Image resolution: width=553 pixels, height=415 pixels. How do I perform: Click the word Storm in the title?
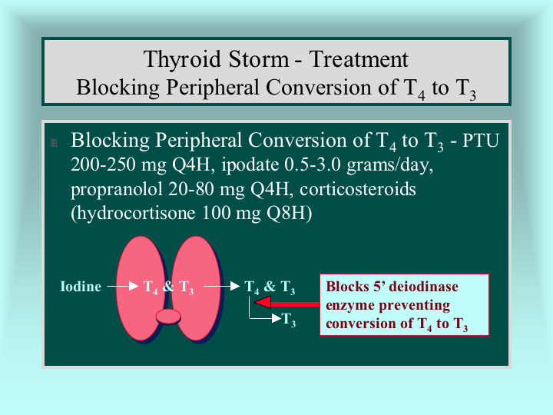[259, 59]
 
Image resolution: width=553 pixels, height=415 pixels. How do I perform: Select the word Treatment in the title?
[359, 59]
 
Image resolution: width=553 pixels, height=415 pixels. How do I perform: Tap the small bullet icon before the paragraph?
[54, 143]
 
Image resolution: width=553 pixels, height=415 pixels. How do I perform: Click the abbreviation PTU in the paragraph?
[481, 141]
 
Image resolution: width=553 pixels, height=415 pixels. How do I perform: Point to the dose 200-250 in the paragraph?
[103, 164]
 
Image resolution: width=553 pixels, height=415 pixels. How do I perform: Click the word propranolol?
[117, 190]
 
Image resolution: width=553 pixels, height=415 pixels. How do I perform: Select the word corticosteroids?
[358, 189]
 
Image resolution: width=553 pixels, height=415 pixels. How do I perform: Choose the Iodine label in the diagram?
[81, 286]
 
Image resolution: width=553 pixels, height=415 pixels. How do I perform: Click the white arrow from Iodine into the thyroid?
[123, 286]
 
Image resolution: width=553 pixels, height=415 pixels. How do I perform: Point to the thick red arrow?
[286, 303]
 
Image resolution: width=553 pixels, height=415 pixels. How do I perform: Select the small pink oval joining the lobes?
[168, 317]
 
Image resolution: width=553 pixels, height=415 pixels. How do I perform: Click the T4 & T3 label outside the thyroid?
[270, 287]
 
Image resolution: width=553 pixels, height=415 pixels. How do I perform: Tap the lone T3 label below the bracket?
[289, 320]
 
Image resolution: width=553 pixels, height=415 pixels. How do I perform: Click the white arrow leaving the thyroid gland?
[222, 286]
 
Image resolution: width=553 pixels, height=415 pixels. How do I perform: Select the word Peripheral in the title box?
[213, 88]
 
